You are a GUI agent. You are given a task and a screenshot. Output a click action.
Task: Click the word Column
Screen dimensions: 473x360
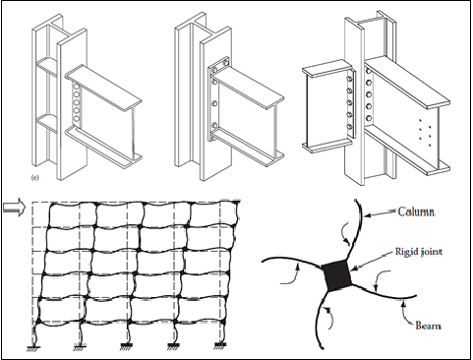coord(416,211)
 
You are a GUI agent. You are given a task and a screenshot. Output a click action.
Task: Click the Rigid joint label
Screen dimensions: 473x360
coord(419,252)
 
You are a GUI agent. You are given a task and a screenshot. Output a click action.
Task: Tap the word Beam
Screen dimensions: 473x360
coord(428,326)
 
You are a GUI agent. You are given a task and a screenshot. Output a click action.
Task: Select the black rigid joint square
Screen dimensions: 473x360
coord(337,275)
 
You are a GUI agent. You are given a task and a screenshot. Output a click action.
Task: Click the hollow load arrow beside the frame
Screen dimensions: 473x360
coord(14,207)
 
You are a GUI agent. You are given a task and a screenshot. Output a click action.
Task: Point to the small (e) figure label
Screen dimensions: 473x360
coord(34,177)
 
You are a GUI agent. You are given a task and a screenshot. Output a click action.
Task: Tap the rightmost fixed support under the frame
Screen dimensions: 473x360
coord(220,345)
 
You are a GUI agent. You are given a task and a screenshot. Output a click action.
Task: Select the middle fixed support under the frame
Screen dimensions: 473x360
coord(127,346)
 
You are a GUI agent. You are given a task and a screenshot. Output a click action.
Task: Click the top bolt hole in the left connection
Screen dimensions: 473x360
coord(77,88)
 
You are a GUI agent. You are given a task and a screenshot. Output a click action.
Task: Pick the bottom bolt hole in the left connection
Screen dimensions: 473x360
coord(77,118)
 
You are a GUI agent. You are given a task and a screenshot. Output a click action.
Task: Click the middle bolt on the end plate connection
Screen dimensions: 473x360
coord(214,103)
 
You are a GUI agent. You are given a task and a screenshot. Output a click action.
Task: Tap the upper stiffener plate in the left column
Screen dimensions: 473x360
coord(47,67)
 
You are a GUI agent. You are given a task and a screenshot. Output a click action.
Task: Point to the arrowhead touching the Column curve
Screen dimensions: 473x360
coord(367,215)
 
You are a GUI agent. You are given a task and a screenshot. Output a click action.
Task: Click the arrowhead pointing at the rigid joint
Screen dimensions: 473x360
coord(355,268)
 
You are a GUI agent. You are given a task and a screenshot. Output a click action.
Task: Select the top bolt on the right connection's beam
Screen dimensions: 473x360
coord(369,71)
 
